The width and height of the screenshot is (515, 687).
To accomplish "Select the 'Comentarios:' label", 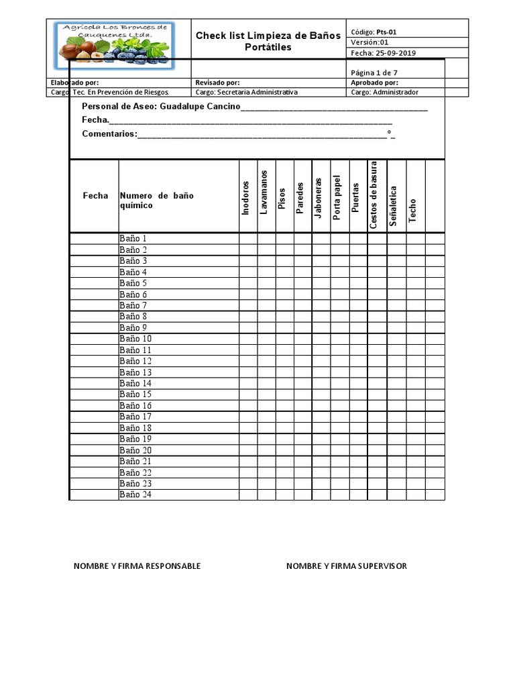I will (x=109, y=134).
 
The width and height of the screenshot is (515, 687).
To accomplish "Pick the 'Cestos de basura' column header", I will (x=374, y=195).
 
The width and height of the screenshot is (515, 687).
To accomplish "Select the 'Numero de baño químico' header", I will (x=156, y=201).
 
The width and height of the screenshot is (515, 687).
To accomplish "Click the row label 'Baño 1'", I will (x=133, y=238).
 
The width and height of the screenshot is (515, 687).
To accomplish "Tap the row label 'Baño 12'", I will (x=135, y=361).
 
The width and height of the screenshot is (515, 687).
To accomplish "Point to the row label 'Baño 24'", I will (x=135, y=494).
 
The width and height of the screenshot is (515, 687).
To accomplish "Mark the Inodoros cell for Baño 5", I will (x=247, y=283).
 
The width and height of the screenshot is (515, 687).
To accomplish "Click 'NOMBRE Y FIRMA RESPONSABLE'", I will (x=137, y=566).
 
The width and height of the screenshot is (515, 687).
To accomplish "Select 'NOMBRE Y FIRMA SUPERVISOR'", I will (x=346, y=566).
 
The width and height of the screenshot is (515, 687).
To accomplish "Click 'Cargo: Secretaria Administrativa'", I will (x=246, y=93).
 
